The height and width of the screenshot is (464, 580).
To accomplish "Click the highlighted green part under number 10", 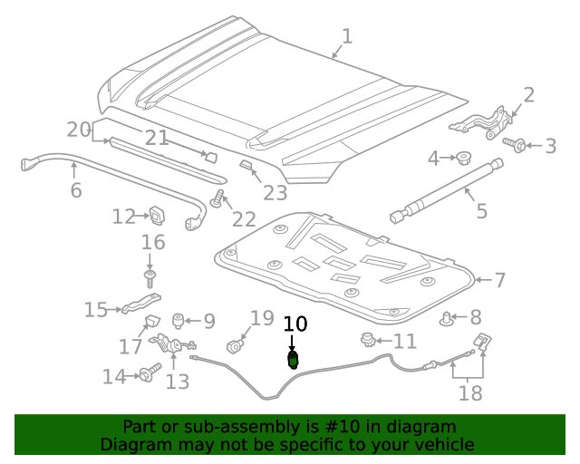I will point(293,362).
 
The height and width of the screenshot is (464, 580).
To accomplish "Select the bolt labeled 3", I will point(516,144).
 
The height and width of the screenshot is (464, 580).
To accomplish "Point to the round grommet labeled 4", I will point(464,159).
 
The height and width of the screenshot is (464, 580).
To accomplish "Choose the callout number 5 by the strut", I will point(481,211).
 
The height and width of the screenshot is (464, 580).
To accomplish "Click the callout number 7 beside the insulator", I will point(499,280).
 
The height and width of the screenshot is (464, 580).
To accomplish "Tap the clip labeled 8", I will point(448,318).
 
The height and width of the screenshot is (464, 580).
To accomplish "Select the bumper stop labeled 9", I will point(179,320).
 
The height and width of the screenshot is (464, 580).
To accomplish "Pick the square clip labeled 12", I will point(158,216).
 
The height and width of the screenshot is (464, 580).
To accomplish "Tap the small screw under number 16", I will point(151,273).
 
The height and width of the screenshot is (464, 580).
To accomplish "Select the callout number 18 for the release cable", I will point(470,392).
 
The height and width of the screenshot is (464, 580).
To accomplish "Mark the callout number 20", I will point(79,130).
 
